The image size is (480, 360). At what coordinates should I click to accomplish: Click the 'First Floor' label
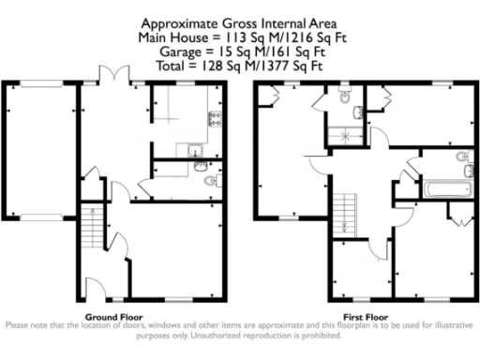pyautogui.click(x=361, y=317)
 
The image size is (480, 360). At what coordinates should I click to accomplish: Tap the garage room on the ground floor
pyautogui.click(x=40, y=150)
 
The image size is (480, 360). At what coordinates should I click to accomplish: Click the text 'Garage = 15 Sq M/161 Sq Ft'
pyautogui.click(x=239, y=54)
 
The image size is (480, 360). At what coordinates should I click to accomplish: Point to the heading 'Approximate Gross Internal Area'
pyautogui.click(x=239, y=23)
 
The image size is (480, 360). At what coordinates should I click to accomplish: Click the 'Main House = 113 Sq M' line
pyautogui.click(x=239, y=39)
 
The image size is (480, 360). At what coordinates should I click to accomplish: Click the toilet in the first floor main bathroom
pyautogui.click(x=460, y=157)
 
